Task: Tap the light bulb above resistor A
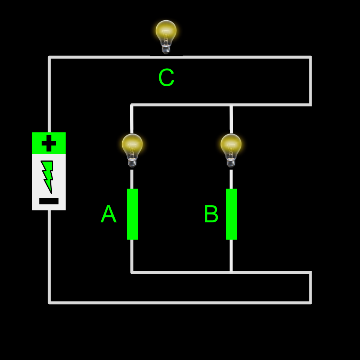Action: coord(132,148)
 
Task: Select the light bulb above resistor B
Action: coord(231,148)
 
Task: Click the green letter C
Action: coord(166,78)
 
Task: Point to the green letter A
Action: coord(108,214)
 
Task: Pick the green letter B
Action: coord(211,214)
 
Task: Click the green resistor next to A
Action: coord(132,214)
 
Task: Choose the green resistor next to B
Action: coord(231,214)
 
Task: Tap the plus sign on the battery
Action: coord(49,143)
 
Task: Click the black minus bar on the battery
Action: coord(49,201)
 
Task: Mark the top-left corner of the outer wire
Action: coord(49,57)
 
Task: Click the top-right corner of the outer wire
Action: coord(310,57)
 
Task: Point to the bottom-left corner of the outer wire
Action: coord(49,302)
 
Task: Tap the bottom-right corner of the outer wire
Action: coord(310,302)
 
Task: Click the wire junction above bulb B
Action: coord(231,105)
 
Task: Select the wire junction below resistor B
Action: coord(231,272)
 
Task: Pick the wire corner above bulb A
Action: coord(132,105)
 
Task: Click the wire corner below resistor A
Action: coord(132,272)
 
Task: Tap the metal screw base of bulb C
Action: coord(166,49)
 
